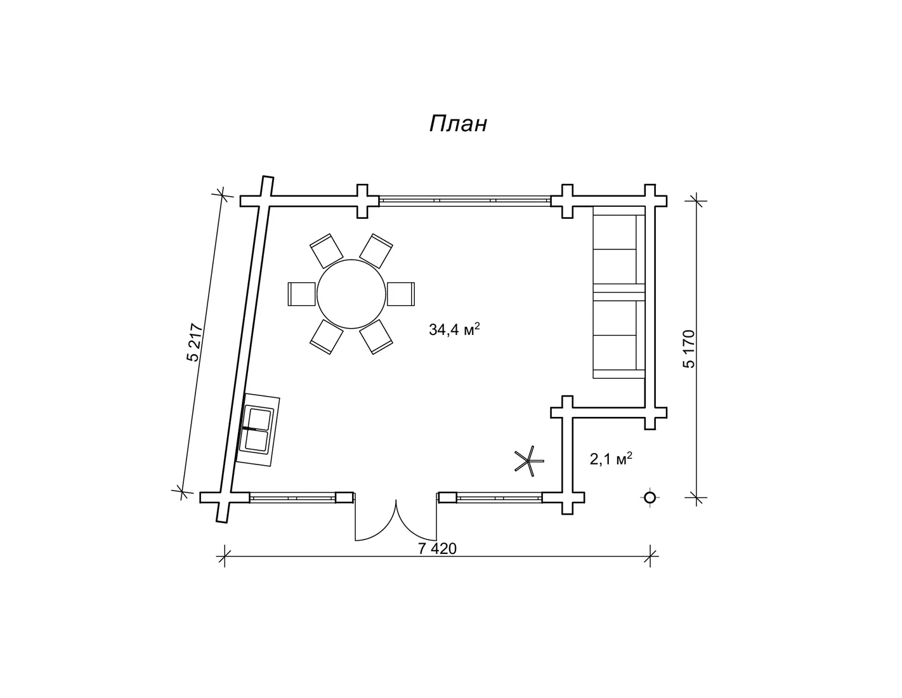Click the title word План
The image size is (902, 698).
(458, 123)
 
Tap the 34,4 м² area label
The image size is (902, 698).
(455, 329)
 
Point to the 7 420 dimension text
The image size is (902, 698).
(437, 548)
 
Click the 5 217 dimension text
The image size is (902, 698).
(195, 342)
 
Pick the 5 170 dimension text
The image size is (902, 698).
(688, 349)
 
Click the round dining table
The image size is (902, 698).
(351, 294)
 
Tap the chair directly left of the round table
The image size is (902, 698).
(301, 294)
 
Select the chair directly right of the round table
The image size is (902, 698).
(401, 294)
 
